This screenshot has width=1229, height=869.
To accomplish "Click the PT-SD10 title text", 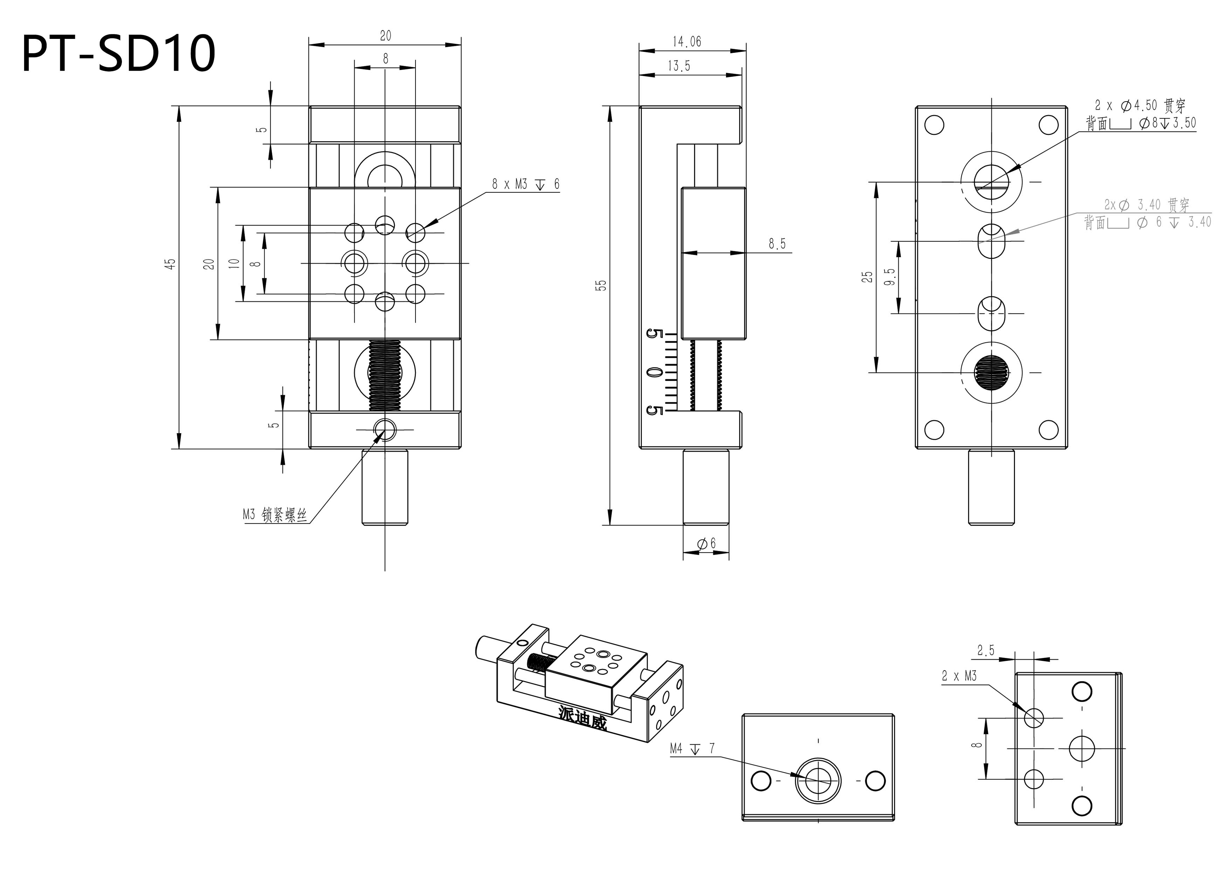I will (118, 54).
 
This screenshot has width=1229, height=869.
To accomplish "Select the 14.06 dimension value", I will (687, 42).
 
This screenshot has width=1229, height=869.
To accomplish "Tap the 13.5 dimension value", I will (679, 66).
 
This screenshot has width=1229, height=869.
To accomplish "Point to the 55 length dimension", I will (602, 285).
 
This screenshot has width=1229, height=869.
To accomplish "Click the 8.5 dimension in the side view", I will (777, 244).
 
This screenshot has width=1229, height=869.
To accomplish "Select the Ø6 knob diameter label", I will (707, 544).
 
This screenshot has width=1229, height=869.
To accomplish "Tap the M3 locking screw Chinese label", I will (275, 515).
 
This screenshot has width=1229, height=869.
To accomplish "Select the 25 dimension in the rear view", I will (867, 277).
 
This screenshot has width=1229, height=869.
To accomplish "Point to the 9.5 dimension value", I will (890, 277).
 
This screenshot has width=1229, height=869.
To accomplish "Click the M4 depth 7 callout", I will (692, 748).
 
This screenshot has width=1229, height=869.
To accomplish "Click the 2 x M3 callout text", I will (959, 676).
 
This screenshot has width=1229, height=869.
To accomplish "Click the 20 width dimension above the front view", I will (385, 36).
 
